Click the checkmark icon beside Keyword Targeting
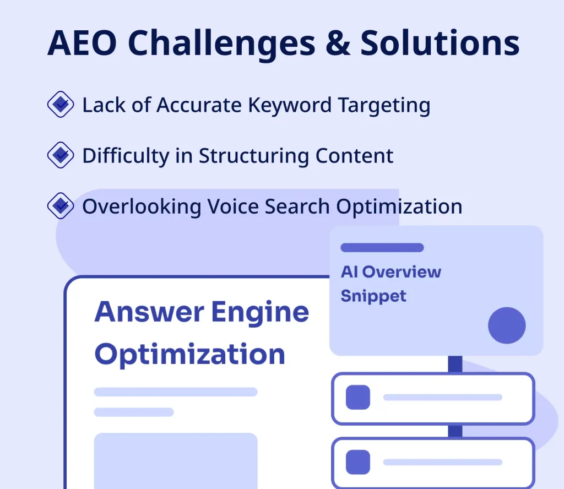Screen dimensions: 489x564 click(60, 105)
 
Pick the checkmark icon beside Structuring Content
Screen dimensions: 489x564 click(60, 155)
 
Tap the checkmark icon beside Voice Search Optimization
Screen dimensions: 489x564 click(60, 206)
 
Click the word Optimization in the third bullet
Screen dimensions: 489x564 click(399, 206)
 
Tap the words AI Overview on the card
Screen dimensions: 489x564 click(391, 271)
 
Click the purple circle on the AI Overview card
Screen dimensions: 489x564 click(507, 325)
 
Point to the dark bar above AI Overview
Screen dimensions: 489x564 click(382, 248)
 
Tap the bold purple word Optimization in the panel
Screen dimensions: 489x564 click(189, 354)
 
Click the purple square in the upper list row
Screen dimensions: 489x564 click(357, 398)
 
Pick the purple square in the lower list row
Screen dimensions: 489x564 click(357, 462)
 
